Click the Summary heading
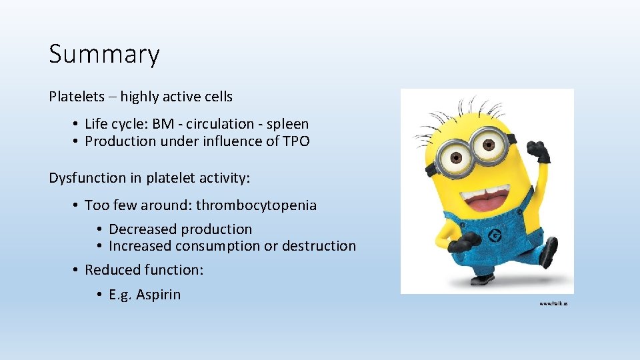click(104, 54)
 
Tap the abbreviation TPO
click(295, 141)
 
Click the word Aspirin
click(158, 295)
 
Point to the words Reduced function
click(144, 270)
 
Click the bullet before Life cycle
click(77, 125)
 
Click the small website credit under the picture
click(553, 303)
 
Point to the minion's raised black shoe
click(549, 253)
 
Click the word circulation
click(227, 124)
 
